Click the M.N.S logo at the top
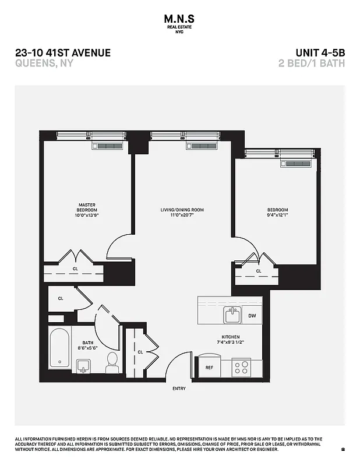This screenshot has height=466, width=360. [x=180, y=22]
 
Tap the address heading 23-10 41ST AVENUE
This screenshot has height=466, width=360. [x=63, y=53]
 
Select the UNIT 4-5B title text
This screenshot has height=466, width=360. [x=317, y=53]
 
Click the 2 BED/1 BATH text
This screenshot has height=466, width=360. [x=312, y=63]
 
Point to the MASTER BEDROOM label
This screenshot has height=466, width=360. [x=87, y=207]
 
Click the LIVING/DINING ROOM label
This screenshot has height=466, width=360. [x=182, y=210]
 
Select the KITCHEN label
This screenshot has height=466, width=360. [x=231, y=337]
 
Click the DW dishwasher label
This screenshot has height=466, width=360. [x=252, y=316]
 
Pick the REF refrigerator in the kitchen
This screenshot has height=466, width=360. [x=209, y=368]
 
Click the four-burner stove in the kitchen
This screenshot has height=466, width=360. [x=241, y=367]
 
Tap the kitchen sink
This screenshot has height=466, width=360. [x=232, y=315]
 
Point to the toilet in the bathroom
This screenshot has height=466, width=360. [x=112, y=362]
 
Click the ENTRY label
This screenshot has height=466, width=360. [x=179, y=388]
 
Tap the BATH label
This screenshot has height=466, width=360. [x=88, y=343]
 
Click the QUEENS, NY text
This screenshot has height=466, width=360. [x=44, y=63]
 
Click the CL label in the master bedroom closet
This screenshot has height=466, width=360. [x=75, y=269]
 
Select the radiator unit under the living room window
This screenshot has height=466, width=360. [x=201, y=146]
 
